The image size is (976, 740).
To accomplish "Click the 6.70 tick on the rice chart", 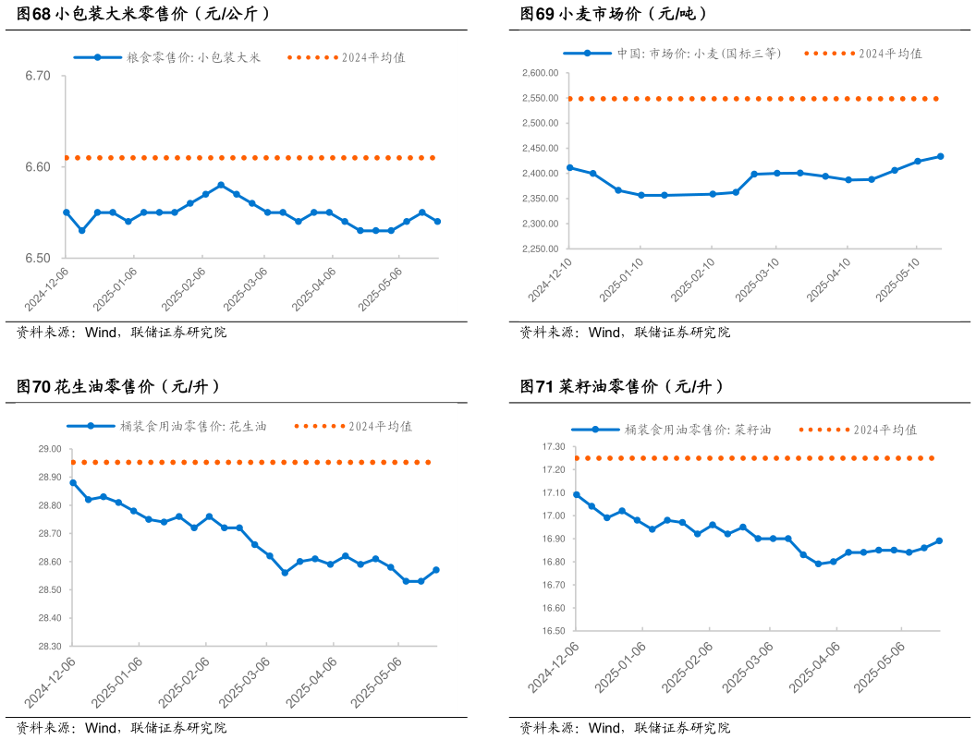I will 38,76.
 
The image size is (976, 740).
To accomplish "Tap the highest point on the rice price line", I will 221,185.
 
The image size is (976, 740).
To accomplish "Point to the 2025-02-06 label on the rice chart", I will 184,289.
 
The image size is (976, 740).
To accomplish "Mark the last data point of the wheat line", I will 940,156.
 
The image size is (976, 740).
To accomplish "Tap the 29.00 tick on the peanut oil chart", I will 50,449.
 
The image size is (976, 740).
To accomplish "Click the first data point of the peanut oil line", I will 73,482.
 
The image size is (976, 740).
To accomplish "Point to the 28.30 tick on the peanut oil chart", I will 50,646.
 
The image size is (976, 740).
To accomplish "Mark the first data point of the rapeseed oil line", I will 577,494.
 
